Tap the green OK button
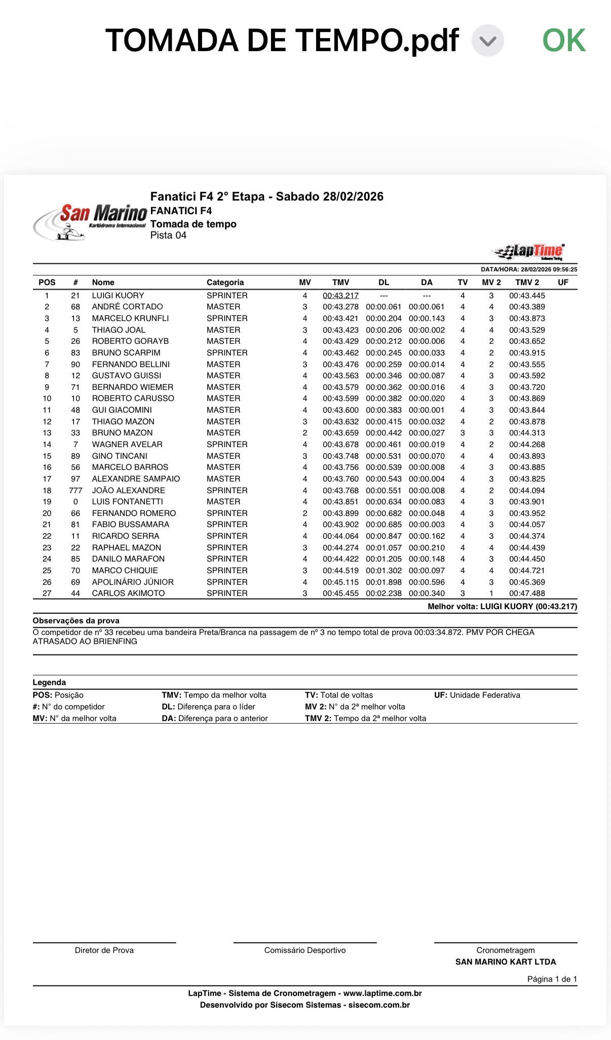click(x=564, y=41)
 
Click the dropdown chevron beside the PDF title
click(x=487, y=41)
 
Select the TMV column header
click(x=340, y=283)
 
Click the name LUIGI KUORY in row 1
click(x=118, y=296)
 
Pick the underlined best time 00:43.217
click(x=340, y=296)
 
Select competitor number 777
click(x=75, y=491)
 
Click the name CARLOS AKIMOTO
click(x=128, y=593)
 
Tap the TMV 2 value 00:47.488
click(x=527, y=593)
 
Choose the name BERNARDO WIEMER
click(x=132, y=387)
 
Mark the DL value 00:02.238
click(x=384, y=593)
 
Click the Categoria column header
click(x=225, y=283)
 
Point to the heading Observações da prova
click(x=76, y=621)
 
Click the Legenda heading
click(x=49, y=683)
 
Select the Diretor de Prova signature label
click(x=104, y=950)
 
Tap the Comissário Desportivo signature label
click(x=305, y=950)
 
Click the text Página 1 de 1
click(x=552, y=979)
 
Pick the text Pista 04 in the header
click(x=168, y=235)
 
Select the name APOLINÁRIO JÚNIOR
click(x=133, y=582)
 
